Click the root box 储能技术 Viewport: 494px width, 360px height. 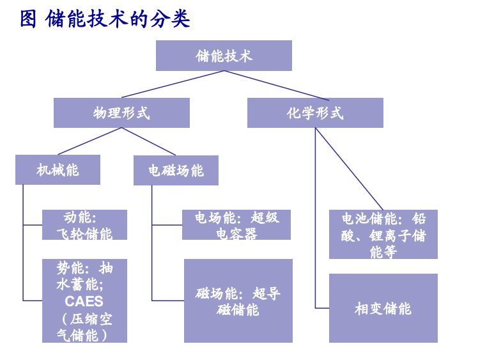tap(224, 56)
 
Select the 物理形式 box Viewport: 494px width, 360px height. tap(121, 113)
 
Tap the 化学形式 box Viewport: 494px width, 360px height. tap(315, 113)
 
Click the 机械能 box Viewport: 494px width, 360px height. tap(58, 169)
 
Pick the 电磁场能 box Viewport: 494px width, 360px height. tap(176, 170)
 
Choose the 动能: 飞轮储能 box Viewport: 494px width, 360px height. tap(84, 225)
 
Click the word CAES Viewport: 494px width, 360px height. tap(84, 301)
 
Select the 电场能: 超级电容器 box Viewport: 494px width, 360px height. tap(236, 225)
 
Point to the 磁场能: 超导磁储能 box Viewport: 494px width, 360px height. tap(238, 301)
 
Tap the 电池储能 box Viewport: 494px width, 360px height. tap(383, 234)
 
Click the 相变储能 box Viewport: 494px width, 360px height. tap(383, 308)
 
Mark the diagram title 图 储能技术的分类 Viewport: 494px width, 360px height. tap(105, 19)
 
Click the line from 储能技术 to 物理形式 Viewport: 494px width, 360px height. tap(173, 84)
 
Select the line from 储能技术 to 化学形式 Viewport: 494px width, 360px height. tap(277, 86)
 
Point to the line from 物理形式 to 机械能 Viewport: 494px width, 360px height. tap(90, 141)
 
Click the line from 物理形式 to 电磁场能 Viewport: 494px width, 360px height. tap(148, 141)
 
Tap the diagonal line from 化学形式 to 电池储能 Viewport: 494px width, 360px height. tap(349, 169)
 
